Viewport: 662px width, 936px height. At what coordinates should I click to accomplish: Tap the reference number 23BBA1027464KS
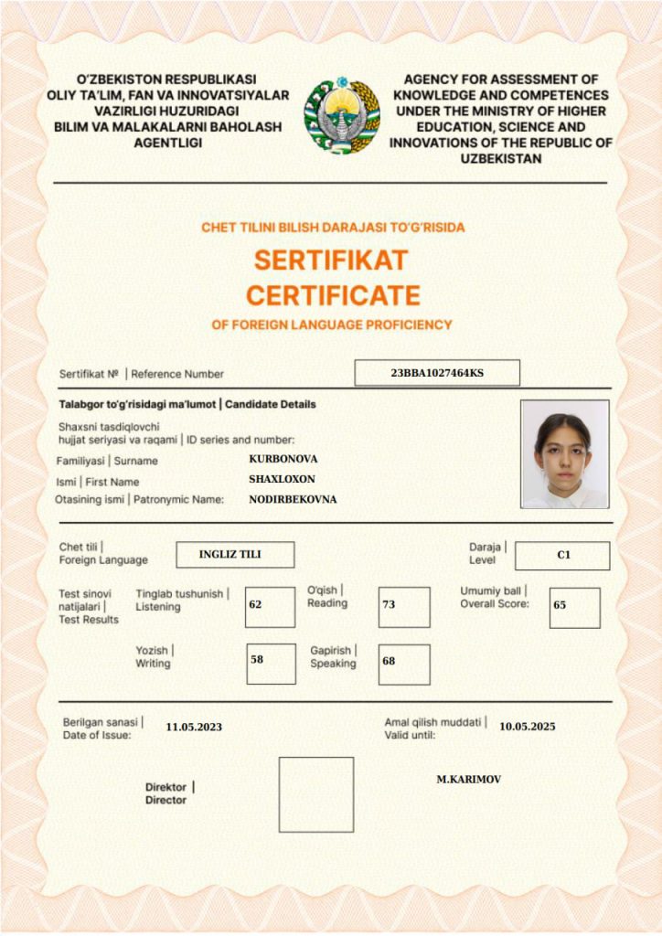click(437, 373)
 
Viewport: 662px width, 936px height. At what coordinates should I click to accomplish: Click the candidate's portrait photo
click(564, 454)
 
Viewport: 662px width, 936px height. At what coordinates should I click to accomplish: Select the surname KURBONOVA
click(283, 459)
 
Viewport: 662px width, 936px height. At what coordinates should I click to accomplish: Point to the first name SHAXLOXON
click(282, 479)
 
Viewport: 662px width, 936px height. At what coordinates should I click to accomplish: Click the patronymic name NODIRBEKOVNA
click(293, 500)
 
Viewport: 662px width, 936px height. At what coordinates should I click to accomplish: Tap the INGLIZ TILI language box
click(230, 555)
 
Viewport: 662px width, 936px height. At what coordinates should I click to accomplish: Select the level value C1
click(563, 555)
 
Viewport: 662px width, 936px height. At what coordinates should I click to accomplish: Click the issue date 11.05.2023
click(194, 728)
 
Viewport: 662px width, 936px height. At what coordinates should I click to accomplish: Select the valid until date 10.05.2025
click(527, 727)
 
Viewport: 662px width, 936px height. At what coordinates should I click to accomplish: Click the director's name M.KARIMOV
click(468, 780)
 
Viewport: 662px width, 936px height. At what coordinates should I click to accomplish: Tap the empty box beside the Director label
click(315, 794)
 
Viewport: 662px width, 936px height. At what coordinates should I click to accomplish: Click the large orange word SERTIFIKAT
click(331, 261)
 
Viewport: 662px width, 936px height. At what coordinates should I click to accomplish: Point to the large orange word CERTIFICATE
click(333, 295)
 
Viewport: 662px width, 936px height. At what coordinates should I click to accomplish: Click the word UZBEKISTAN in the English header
click(502, 158)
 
